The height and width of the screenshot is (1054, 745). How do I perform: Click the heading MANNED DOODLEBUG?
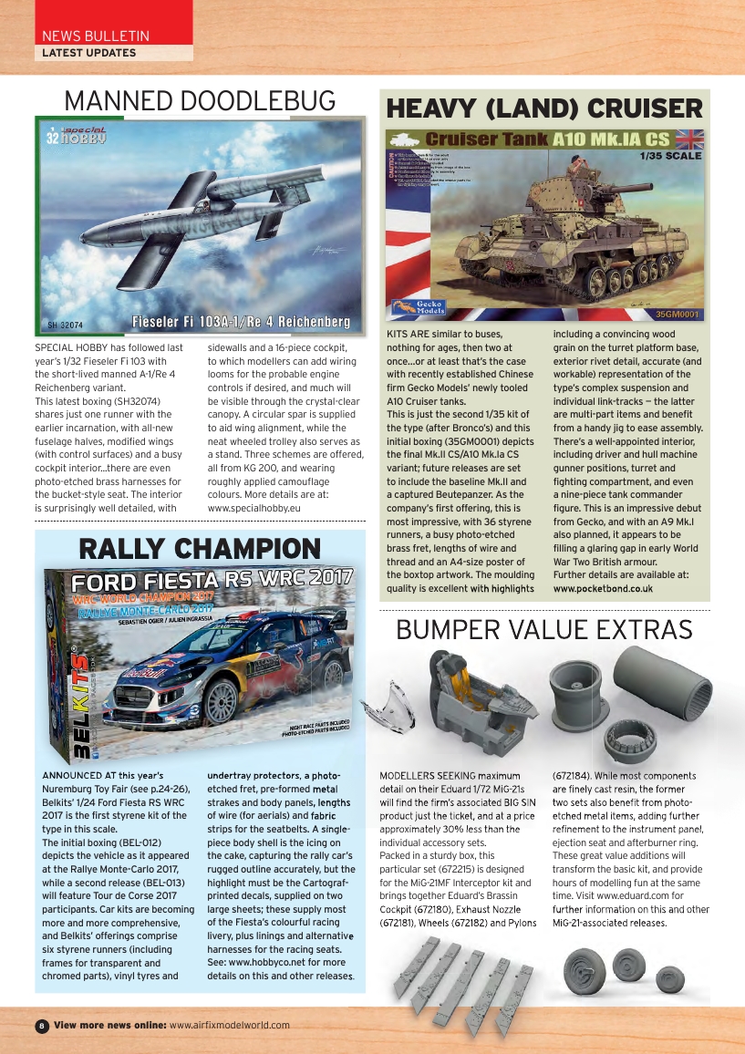pyautogui.click(x=199, y=100)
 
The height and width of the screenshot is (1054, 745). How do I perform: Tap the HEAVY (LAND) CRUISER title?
pyautogui.click(x=544, y=108)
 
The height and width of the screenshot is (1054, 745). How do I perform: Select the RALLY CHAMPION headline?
pyautogui.click(x=200, y=549)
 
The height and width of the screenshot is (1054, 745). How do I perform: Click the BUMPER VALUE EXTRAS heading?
pyautogui.click(x=544, y=629)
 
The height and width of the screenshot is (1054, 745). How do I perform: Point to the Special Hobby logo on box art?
pyautogui.click(x=75, y=136)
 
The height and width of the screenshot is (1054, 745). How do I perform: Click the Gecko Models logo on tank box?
pyautogui.click(x=416, y=306)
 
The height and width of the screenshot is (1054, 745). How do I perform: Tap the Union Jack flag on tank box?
pyautogui.click(x=688, y=139)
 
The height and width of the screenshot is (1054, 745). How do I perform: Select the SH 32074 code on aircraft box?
pyautogui.click(x=65, y=325)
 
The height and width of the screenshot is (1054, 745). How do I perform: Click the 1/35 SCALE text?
pyautogui.click(x=672, y=156)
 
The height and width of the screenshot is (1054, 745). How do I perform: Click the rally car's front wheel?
pyautogui.click(x=222, y=700)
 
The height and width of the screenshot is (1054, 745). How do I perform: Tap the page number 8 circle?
pyautogui.click(x=41, y=1026)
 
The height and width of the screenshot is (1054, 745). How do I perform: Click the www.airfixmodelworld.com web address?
pyautogui.click(x=229, y=1025)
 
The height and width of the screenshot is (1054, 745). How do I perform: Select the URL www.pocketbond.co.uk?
pyautogui.click(x=603, y=589)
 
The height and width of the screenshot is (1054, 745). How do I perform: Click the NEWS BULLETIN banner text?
pyautogui.click(x=96, y=36)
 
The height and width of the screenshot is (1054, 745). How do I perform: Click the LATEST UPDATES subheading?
pyautogui.click(x=88, y=53)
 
